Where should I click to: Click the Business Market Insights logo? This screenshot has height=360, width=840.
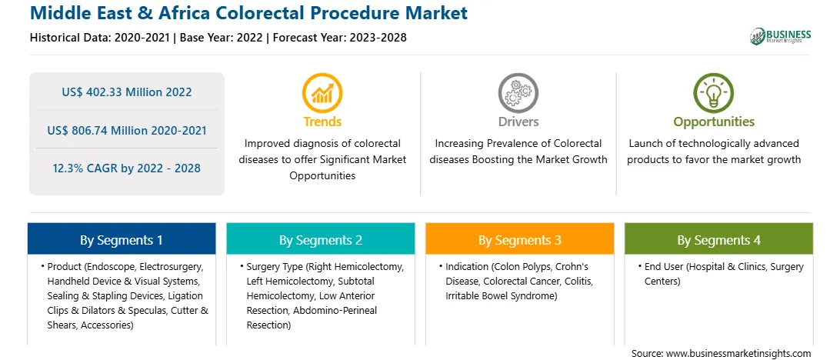pyautogui.click(x=780, y=36)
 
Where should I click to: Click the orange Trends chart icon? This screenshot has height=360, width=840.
pyautogui.click(x=322, y=92)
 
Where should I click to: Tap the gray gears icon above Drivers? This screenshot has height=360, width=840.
pyautogui.click(x=518, y=92)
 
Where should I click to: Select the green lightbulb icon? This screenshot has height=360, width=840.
pyautogui.click(x=714, y=92)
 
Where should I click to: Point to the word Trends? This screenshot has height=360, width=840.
pyautogui.click(x=322, y=122)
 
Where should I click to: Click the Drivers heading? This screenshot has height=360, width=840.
pyautogui.click(x=518, y=122)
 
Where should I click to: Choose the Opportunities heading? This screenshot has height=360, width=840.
pyautogui.click(x=714, y=122)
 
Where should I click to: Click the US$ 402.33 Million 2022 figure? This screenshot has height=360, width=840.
pyautogui.click(x=126, y=92)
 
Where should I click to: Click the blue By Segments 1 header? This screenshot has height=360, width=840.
pyautogui.click(x=122, y=239)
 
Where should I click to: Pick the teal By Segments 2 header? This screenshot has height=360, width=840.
pyautogui.click(x=320, y=239)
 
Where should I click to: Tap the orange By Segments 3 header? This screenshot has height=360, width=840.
pyautogui.click(x=520, y=239)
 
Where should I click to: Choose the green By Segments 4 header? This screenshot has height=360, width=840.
pyautogui.click(x=719, y=239)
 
